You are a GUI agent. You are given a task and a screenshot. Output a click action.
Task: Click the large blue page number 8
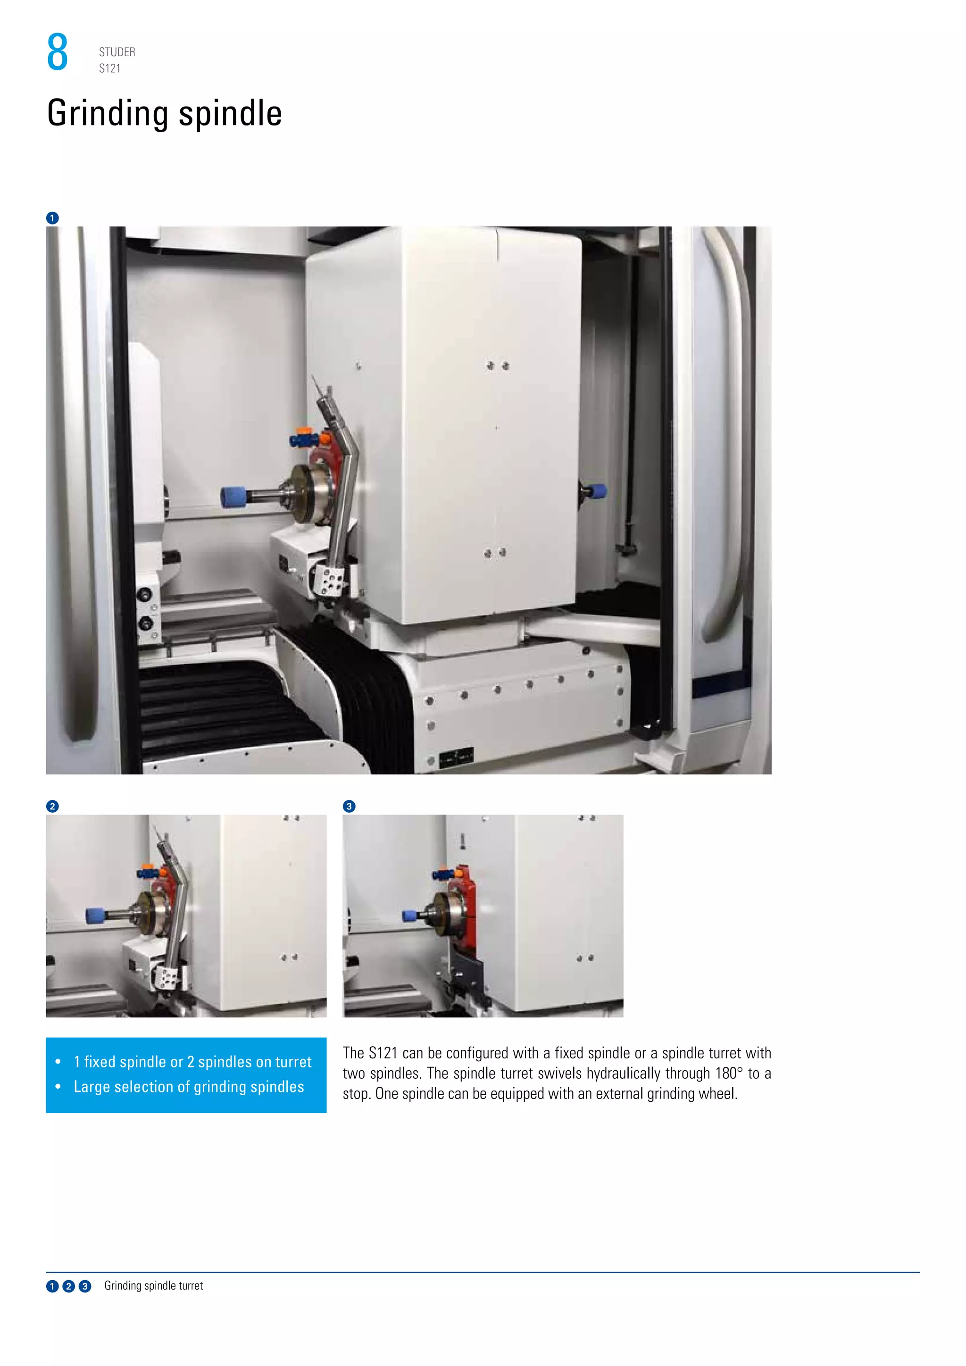click(57, 52)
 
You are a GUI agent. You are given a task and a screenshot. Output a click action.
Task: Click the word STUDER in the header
click(117, 52)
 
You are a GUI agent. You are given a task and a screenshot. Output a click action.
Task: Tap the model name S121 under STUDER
click(109, 68)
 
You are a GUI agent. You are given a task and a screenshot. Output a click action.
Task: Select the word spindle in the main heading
click(230, 113)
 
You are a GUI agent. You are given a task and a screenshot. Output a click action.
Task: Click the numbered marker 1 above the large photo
click(52, 218)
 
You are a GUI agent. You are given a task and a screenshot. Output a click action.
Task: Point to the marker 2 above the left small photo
click(52, 806)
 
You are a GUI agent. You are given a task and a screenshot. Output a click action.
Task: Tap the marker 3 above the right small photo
click(349, 806)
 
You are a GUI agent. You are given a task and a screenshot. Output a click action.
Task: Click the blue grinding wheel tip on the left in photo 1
click(233, 496)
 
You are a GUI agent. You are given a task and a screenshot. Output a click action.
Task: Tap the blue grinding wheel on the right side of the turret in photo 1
click(597, 491)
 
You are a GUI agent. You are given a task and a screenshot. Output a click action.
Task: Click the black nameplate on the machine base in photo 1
click(456, 758)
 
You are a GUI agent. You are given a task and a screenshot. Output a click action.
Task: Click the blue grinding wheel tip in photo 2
click(94, 916)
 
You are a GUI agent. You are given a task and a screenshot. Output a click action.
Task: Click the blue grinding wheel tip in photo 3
click(409, 916)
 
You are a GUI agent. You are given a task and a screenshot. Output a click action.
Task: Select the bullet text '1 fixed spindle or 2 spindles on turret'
click(192, 1062)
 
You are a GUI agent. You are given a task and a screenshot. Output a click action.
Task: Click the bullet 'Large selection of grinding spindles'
click(189, 1087)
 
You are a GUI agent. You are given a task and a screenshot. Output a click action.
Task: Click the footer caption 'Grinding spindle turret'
click(153, 1286)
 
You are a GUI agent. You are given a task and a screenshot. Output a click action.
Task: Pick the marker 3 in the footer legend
click(85, 1286)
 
